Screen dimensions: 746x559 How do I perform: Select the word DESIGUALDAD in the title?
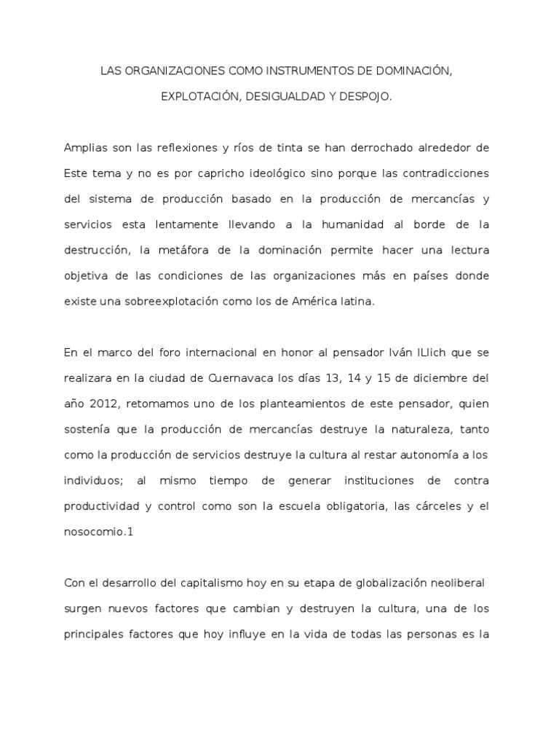(x=287, y=96)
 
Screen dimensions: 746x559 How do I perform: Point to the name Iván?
(x=386, y=353)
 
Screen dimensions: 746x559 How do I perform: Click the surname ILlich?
(x=427, y=353)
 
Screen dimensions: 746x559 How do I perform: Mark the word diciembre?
(x=445, y=379)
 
